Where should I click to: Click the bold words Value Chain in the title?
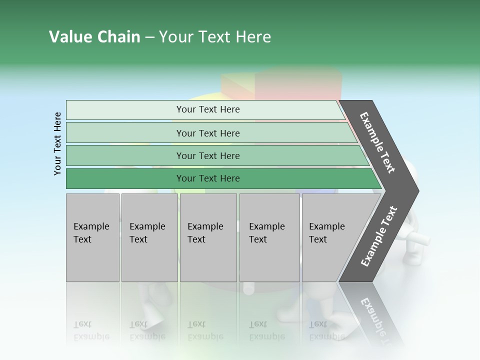tap(94, 37)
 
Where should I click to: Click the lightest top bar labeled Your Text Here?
tap(207, 109)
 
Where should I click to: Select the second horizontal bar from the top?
tap(207, 133)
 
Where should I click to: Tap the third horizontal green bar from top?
tap(207, 155)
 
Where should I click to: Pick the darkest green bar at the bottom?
tap(207, 178)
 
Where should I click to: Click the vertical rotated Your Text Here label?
tap(57, 143)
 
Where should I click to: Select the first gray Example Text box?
tap(92, 237)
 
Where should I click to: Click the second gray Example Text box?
tap(149, 237)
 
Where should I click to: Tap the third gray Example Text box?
tap(208, 237)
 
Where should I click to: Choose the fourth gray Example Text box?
tap(269, 237)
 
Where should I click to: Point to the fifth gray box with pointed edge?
tap(332, 237)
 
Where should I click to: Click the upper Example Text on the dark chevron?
tap(378, 142)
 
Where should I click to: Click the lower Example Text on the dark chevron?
tap(379, 236)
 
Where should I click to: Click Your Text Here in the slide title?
tap(215, 37)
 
